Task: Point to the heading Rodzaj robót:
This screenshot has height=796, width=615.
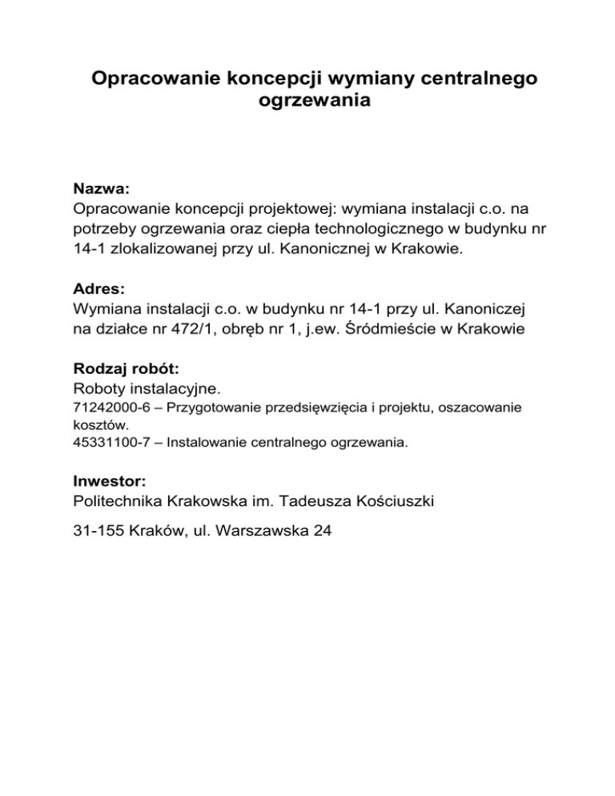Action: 125,369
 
